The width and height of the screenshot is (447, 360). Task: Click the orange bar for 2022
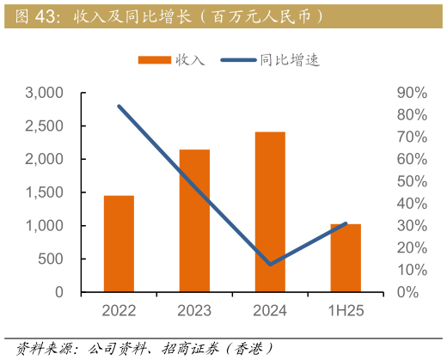click(119, 243)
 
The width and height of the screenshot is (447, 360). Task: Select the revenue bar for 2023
click(194, 221)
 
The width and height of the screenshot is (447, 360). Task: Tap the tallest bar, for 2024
click(270, 211)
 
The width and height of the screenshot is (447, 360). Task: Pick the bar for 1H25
click(346, 257)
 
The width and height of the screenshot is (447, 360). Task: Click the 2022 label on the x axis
click(119, 311)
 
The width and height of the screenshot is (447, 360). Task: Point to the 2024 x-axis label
click(270, 311)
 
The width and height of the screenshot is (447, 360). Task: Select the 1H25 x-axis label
click(346, 311)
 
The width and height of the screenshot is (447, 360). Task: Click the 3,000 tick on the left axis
click(45, 93)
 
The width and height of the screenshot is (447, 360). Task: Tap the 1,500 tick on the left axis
click(45, 192)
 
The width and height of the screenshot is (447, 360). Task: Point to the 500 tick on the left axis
click(52, 259)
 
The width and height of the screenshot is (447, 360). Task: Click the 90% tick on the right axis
click(407, 93)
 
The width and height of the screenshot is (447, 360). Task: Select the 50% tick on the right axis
click(407, 181)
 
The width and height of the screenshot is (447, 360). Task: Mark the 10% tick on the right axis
click(407, 270)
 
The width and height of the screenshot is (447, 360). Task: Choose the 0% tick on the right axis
click(410, 292)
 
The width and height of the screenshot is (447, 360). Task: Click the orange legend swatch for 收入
click(155, 60)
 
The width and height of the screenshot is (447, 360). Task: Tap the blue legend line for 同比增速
click(238, 60)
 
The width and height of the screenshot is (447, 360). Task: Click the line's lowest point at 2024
click(270, 265)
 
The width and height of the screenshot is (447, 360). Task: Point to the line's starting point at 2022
click(119, 106)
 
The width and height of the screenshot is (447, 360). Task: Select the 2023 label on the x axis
click(194, 311)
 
